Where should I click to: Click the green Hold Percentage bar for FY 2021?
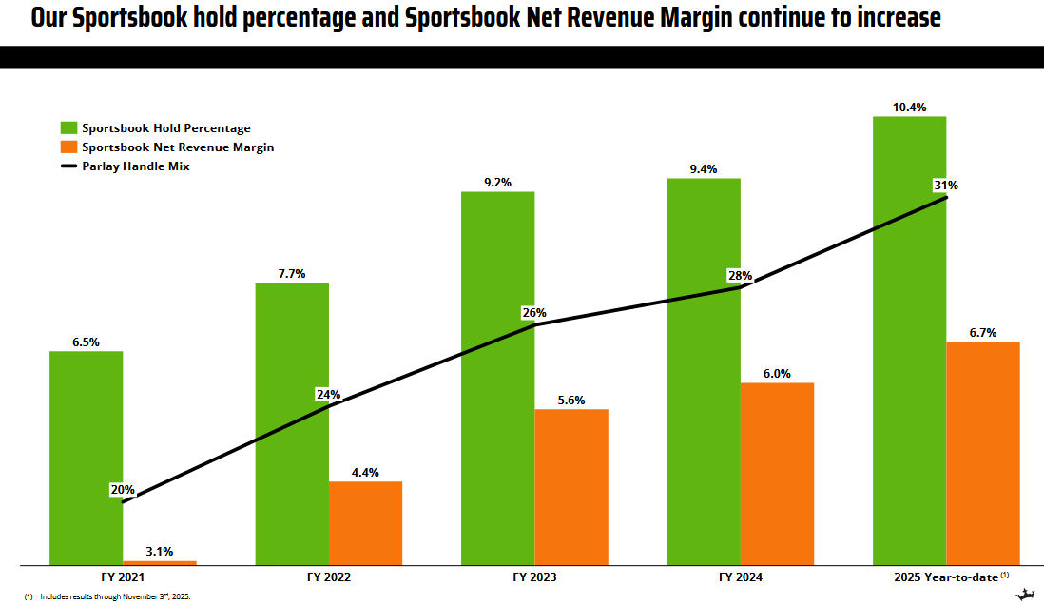click(86, 458)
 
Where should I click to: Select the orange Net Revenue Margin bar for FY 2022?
click(365, 523)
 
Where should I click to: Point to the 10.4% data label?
click(909, 108)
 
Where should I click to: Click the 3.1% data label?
click(160, 551)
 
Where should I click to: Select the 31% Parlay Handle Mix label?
click(945, 186)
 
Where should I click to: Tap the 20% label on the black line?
click(123, 490)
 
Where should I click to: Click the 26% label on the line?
click(534, 312)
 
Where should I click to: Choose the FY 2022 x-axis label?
click(328, 577)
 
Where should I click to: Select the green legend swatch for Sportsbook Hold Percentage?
click(68, 127)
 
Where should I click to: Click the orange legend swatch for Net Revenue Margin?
click(68, 147)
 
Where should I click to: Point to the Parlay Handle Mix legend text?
click(136, 166)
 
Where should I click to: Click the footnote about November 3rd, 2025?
click(114, 596)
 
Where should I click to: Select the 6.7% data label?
click(983, 333)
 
